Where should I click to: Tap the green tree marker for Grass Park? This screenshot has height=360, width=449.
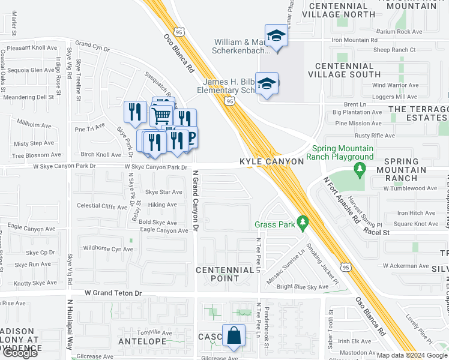click(x=303, y=224)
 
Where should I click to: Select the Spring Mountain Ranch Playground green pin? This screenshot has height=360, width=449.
click(x=360, y=170)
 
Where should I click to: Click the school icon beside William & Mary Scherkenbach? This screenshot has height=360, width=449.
click(x=276, y=36)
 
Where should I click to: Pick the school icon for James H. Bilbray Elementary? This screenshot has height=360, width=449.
click(x=265, y=85)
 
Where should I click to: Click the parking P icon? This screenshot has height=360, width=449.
click(x=190, y=137)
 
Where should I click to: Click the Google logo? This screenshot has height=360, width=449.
click(x=20, y=353)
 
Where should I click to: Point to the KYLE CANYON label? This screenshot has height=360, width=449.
click(x=265, y=162)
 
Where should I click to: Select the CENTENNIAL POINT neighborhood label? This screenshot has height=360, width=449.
click(x=225, y=275)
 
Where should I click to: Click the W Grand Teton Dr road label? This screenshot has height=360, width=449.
click(x=113, y=293)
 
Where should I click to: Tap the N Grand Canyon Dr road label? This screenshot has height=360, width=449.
click(x=195, y=202)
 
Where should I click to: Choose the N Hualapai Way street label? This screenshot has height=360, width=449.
click(x=70, y=329)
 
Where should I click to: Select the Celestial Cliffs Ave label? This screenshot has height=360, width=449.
click(x=102, y=205)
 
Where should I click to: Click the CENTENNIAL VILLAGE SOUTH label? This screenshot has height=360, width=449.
click(x=344, y=70)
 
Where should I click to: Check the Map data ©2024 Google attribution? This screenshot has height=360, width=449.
click(x=412, y=355)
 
